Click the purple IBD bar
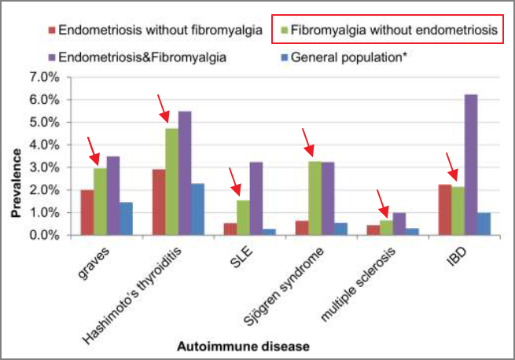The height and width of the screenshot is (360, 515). (x=470, y=165)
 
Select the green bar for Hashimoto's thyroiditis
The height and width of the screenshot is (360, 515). (x=171, y=182)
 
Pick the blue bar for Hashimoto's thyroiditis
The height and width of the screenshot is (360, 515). (x=197, y=209)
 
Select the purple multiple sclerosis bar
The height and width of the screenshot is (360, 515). (x=399, y=224)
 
